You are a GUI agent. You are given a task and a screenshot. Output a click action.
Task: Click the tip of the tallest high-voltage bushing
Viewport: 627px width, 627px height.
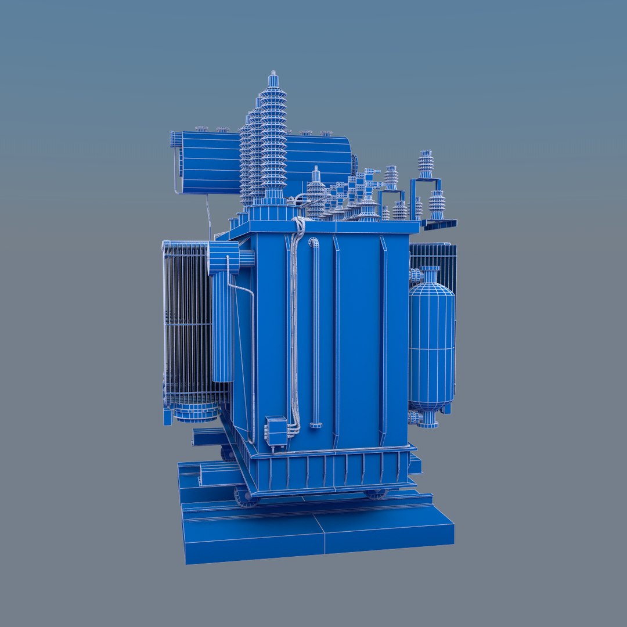pyautogui.click(x=273, y=74)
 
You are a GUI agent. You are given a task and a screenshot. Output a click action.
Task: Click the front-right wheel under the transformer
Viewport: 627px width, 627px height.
pyautogui.click(x=376, y=493)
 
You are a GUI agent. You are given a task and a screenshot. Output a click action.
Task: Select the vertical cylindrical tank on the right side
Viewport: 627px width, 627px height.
pyautogui.click(x=431, y=343)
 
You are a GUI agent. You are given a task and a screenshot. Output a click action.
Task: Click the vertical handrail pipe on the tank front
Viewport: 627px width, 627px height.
pyautogui.click(x=315, y=331)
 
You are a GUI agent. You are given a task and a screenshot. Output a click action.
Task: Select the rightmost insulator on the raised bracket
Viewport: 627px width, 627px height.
pyautogui.click(x=437, y=204)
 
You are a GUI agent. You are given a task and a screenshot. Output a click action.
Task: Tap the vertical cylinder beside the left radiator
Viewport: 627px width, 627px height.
pyautogui.click(x=222, y=325)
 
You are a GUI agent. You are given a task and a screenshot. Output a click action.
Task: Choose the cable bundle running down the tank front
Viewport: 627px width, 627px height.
pyautogui.click(x=295, y=325)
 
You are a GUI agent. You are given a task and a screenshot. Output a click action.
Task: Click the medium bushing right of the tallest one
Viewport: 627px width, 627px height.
pyautogui.click(x=316, y=192)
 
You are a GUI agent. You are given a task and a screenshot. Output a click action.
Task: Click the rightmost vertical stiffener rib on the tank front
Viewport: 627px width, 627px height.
pyautogui.click(x=383, y=343)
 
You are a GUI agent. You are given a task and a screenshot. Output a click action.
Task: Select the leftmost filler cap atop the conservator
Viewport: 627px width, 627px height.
pyautogui.click(x=201, y=129)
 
